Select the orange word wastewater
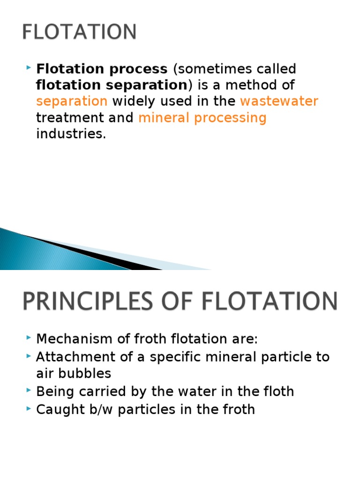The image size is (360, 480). (x=279, y=101)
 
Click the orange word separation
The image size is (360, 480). (x=72, y=101)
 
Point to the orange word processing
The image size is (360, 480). (x=230, y=118)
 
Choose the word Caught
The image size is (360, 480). (x=56, y=410)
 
